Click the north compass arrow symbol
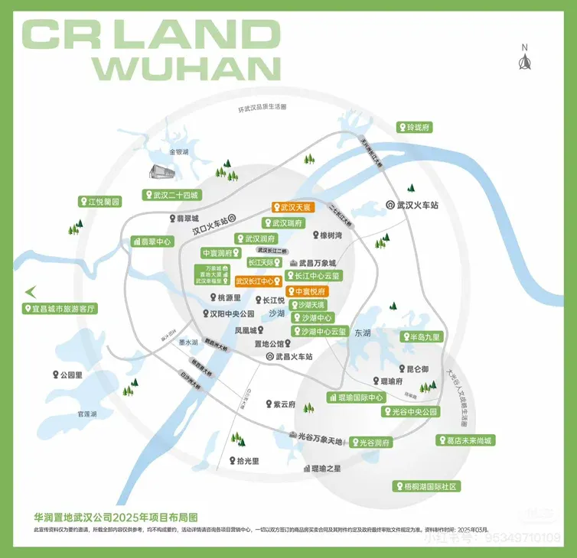pos(525,60)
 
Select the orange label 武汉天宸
pos(292,207)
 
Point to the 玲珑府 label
pos(414,127)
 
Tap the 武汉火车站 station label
pos(412,205)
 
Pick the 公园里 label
pos(65,375)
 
